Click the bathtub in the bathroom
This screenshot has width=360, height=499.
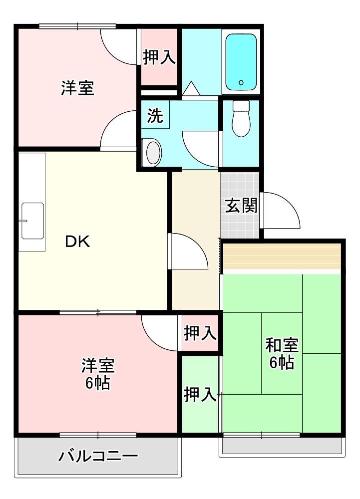coord(241,62)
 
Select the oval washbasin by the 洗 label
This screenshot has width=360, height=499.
coord(154,153)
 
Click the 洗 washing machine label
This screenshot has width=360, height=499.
coord(155,115)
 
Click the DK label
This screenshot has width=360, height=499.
coord(78,242)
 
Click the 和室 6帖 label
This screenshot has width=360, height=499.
coord(282,354)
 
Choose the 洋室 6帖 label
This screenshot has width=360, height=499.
coord(98,374)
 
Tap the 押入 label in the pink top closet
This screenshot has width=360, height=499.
coord(159,57)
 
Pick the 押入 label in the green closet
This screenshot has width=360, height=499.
coord(200,394)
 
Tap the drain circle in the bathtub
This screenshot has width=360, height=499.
coord(241,83)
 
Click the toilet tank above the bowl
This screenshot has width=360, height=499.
coord(241,106)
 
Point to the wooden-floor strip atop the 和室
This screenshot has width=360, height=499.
coord(282,256)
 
